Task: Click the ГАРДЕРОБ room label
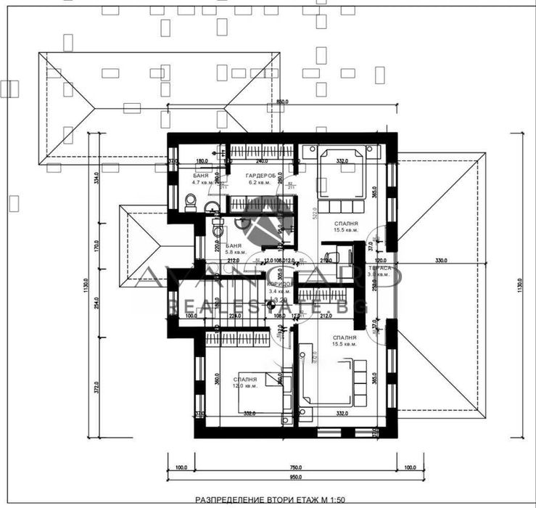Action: (x=257, y=176)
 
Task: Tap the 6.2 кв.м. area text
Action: (x=257, y=183)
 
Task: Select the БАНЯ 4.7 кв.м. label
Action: (x=203, y=179)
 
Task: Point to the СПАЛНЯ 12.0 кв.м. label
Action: (x=245, y=382)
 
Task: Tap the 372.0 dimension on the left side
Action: (x=96, y=389)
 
